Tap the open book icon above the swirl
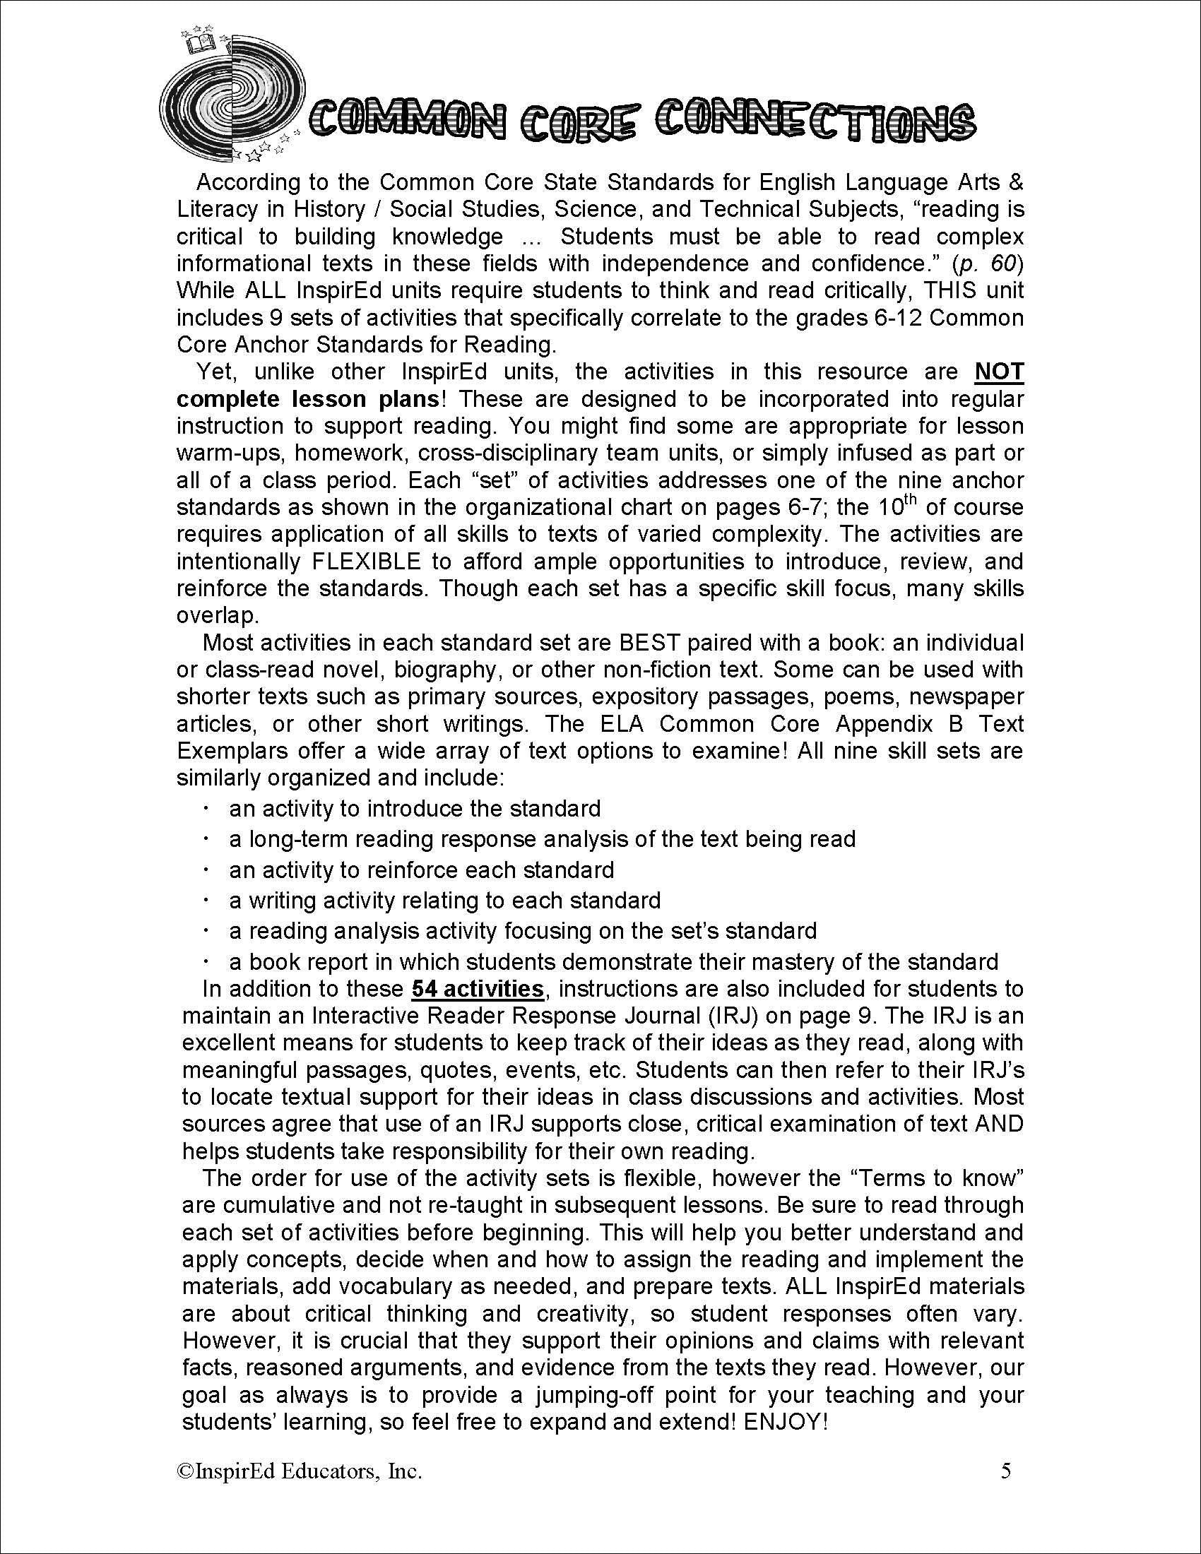tap(200, 45)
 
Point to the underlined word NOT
tap(999, 372)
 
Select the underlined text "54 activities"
tap(478, 989)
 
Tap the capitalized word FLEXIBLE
tap(367, 562)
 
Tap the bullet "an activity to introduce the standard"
tap(414, 809)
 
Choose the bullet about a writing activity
tap(444, 901)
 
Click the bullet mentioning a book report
tap(613, 962)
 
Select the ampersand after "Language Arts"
tap(1016, 183)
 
